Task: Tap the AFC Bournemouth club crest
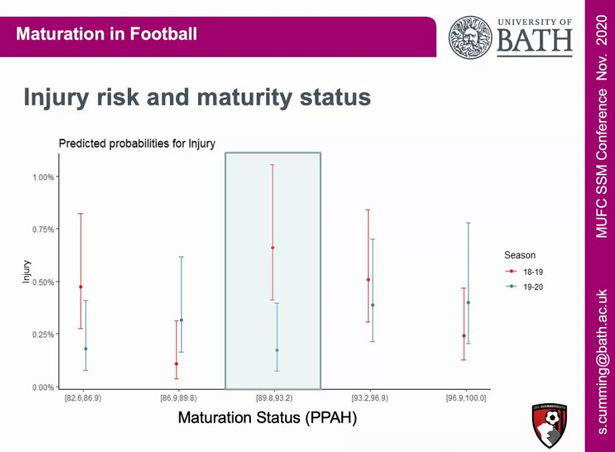tap(551, 425)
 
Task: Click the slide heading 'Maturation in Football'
tap(106, 33)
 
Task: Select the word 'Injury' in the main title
tap(56, 98)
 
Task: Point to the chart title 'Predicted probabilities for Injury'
tap(137, 144)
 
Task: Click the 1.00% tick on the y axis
tap(43, 177)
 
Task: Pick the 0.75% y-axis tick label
tap(43, 229)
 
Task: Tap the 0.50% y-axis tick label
tap(43, 282)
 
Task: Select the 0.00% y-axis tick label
tap(43, 387)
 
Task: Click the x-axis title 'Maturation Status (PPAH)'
tap(267, 419)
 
